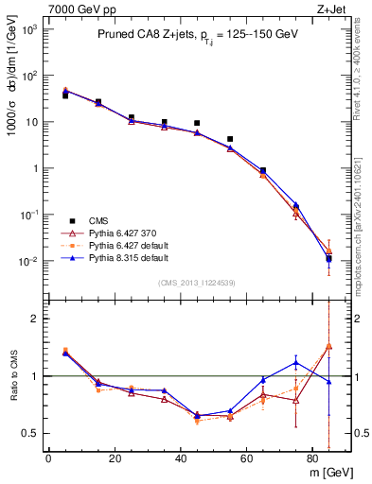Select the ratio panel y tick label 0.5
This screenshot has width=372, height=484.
[30, 433]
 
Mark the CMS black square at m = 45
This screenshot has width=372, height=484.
[197, 123]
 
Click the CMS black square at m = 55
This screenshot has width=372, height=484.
[230, 139]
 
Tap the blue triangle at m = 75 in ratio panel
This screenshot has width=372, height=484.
[296, 362]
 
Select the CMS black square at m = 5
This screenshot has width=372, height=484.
[65, 95]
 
